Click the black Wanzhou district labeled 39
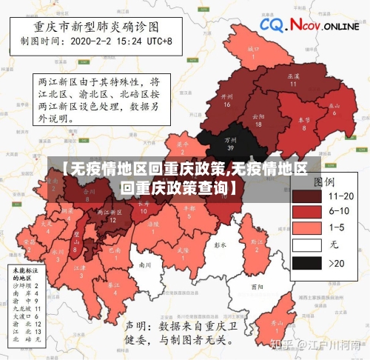[x=231, y=142]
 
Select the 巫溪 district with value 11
[x=293, y=79]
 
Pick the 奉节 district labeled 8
[x=303, y=122]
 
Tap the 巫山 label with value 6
[x=335, y=107]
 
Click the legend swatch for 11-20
[x=306, y=196]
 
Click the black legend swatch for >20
[x=306, y=262]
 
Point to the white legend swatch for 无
[x=306, y=244]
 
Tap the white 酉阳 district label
[x=257, y=286]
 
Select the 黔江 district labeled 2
[x=257, y=242]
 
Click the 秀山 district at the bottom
[x=277, y=324]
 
